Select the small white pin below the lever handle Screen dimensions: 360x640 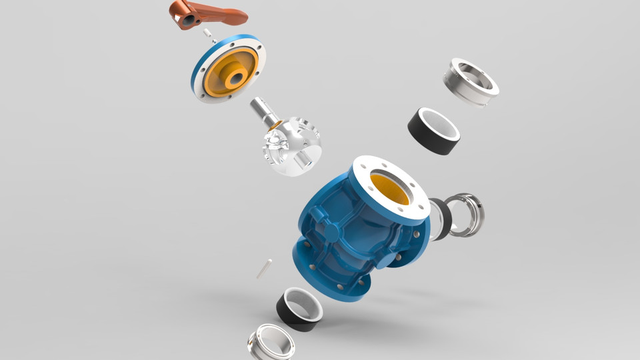208,33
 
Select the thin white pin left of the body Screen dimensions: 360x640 263,268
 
